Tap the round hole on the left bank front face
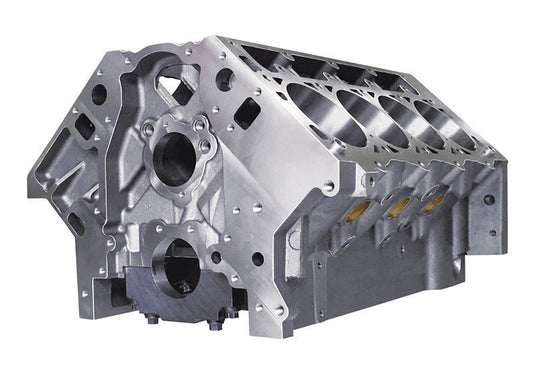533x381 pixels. pyautogui.click(x=99, y=98)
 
